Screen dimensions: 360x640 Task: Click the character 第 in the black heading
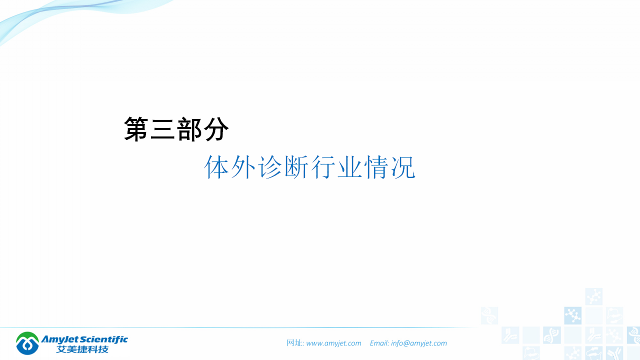click(x=137, y=129)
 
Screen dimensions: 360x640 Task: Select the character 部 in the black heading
click(x=189, y=129)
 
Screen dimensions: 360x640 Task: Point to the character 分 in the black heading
click(x=216, y=129)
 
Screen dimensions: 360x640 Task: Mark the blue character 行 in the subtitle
click(x=323, y=167)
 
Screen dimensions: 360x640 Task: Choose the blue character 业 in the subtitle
click(x=350, y=167)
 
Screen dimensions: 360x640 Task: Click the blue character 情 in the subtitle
click(x=376, y=167)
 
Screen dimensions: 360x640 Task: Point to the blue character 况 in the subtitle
click(x=403, y=167)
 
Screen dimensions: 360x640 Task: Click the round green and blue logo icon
click(x=27, y=343)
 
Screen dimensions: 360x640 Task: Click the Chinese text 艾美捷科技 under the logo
click(x=82, y=349)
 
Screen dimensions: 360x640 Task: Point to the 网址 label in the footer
click(x=295, y=343)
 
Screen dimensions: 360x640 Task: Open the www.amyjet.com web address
click(x=333, y=343)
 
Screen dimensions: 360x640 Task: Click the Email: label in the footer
click(x=379, y=343)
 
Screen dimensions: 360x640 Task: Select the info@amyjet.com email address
click(x=419, y=343)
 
